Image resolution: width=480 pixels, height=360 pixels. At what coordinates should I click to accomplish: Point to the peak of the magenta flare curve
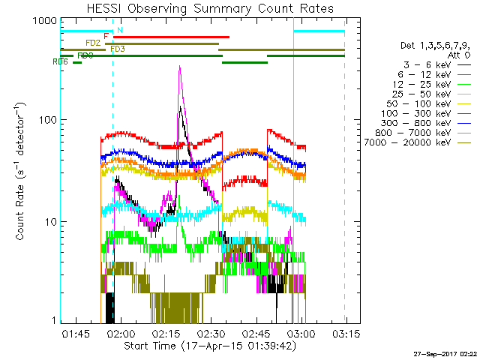179,67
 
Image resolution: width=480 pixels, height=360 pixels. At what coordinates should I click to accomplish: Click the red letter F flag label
106,36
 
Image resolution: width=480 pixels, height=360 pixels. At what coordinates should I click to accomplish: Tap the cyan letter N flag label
120,30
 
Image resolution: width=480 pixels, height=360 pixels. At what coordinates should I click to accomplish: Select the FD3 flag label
118,49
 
